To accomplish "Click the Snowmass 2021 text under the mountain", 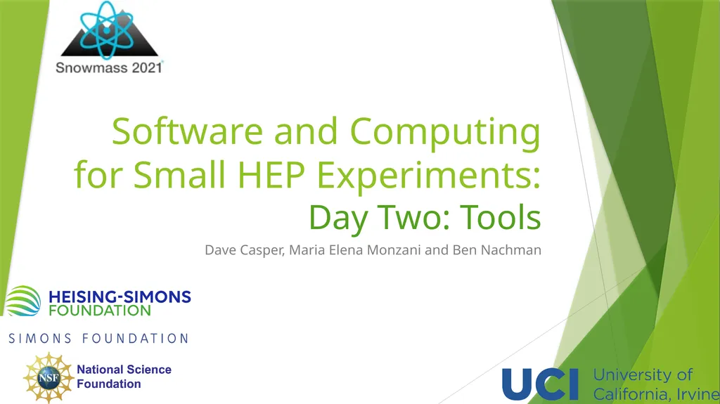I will [x=109, y=67].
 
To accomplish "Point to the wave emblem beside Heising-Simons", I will [x=23, y=301].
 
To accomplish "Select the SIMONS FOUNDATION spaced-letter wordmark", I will [x=98, y=339].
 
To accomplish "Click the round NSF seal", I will [x=48, y=377].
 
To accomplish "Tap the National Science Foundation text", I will [x=124, y=377].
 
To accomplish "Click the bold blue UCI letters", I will [x=539, y=384].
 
